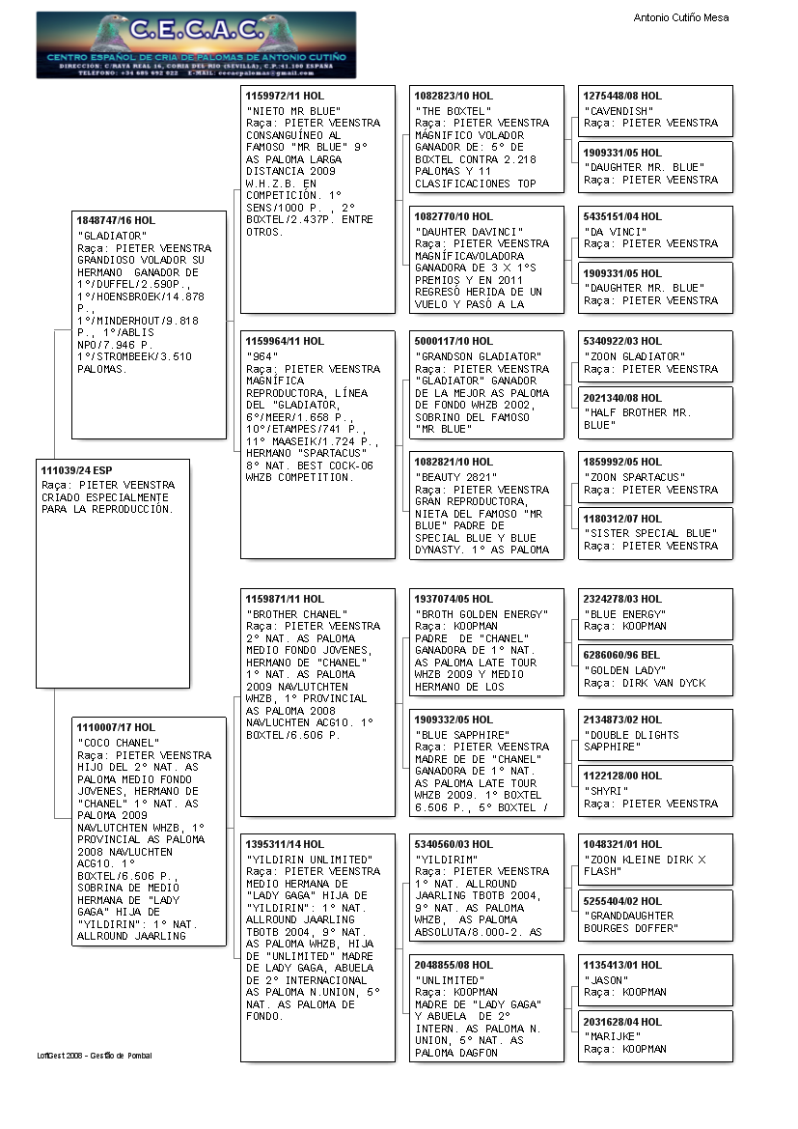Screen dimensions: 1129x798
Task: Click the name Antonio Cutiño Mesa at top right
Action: click(680, 17)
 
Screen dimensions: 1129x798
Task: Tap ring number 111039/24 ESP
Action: click(80, 470)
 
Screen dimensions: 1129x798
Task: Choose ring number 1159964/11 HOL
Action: click(285, 341)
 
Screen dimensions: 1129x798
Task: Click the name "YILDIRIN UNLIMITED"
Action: click(309, 860)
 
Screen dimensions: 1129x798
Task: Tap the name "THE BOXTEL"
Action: click(454, 111)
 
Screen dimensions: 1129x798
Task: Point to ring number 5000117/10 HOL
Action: click(454, 341)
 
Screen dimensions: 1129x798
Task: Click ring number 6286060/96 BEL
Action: click(623, 656)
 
